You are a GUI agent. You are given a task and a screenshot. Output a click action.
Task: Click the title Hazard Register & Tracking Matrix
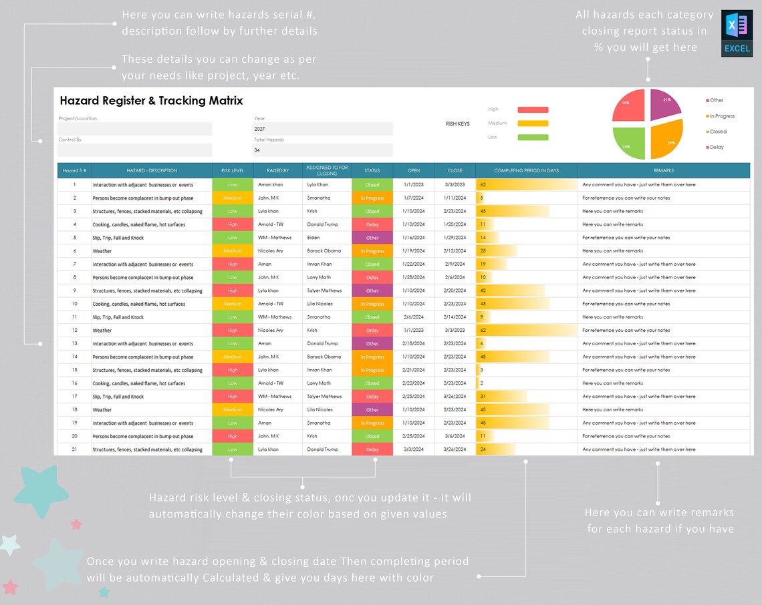click(151, 101)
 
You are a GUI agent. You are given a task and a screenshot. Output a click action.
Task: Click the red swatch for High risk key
click(533, 110)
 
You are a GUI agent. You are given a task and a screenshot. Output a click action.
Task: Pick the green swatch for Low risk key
click(533, 138)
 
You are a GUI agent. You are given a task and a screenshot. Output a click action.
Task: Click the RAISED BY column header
click(277, 171)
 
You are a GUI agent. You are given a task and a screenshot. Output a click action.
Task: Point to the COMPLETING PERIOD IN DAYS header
click(526, 171)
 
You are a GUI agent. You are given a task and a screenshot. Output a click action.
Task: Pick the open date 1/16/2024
click(413, 238)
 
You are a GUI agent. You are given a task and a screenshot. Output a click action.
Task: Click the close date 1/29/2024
click(455, 238)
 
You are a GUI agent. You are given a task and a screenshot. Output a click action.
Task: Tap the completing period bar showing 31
click(501, 397)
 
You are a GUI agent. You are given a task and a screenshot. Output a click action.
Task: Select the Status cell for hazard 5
click(372, 238)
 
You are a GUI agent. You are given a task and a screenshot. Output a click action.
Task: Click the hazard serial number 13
click(75, 344)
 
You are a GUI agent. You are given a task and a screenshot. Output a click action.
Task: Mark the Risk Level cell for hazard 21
click(233, 449)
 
